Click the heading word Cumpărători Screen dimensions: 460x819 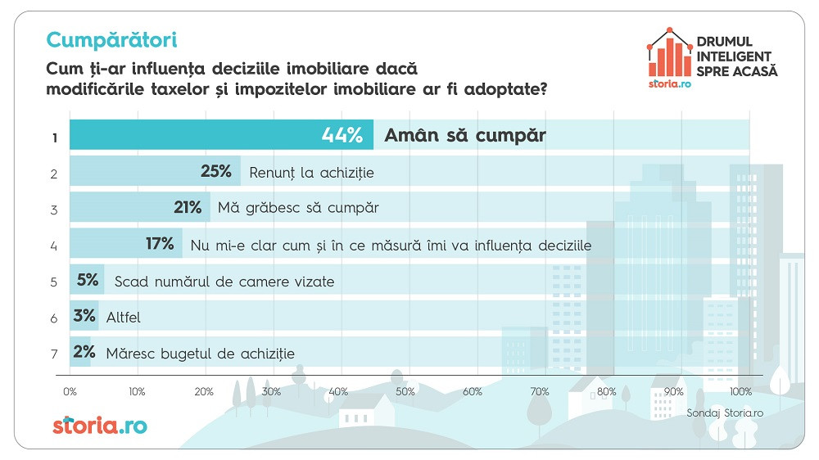[x=112, y=39]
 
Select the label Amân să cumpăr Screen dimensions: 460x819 [x=464, y=135]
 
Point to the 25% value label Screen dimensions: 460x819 [x=216, y=172]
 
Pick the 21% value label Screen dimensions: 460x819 [x=188, y=208]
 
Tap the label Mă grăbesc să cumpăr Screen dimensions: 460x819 [x=297, y=208]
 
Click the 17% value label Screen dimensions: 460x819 [x=160, y=244]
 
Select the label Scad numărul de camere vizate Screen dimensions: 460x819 [x=224, y=282]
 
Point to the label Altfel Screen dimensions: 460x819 [x=124, y=317]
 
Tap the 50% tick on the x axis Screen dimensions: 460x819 [x=405, y=391]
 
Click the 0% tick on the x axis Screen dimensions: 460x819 [x=70, y=391]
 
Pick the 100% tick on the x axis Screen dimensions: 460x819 [x=740, y=391]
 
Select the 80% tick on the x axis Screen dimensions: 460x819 [x=606, y=391]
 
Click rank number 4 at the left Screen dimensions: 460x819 [x=54, y=245]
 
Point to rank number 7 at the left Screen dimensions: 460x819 [x=54, y=354]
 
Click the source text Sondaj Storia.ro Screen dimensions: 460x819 [x=725, y=413]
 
